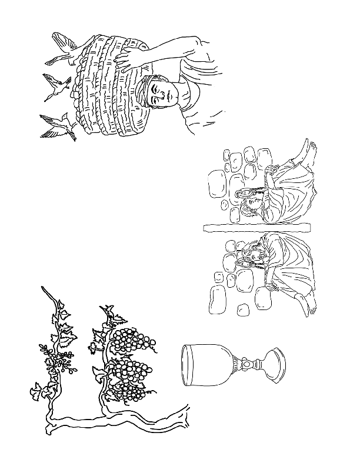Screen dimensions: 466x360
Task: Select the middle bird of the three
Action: [56, 85]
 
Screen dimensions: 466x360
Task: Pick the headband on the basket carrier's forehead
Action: [146, 88]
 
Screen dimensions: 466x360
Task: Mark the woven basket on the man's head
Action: [109, 88]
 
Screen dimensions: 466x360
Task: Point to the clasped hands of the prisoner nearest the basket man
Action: [270, 174]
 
